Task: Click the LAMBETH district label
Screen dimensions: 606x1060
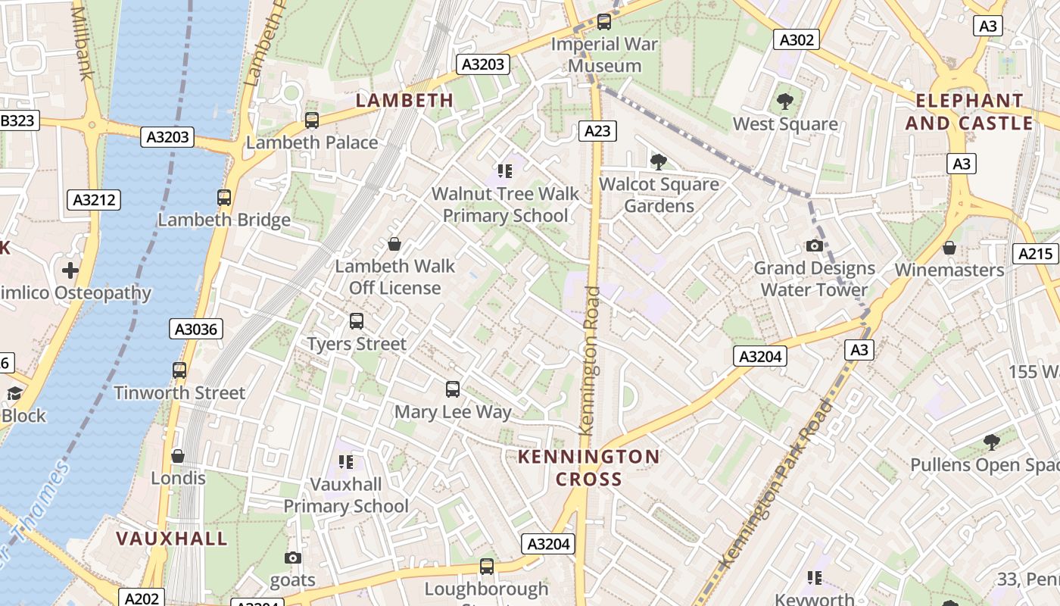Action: pyautogui.click(x=404, y=100)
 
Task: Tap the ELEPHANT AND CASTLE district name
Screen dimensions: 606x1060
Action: pyautogui.click(x=969, y=111)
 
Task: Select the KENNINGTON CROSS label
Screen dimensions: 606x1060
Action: pyautogui.click(x=588, y=467)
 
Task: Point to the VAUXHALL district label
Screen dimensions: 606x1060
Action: pyautogui.click(x=171, y=539)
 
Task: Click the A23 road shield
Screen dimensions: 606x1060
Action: pyautogui.click(x=597, y=131)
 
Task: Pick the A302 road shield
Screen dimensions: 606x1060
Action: pyautogui.click(x=797, y=39)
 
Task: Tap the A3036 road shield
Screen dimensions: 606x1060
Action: pyautogui.click(x=196, y=329)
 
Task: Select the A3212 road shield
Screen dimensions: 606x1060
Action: pyautogui.click(x=95, y=200)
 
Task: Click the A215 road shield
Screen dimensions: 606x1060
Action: pyautogui.click(x=1036, y=254)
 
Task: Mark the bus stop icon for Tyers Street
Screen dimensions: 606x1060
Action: pyautogui.click(x=357, y=321)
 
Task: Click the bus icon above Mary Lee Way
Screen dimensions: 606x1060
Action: pyautogui.click(x=453, y=389)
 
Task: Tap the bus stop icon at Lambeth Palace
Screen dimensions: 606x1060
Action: pyautogui.click(x=311, y=120)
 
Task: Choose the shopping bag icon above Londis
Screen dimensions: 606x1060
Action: pyautogui.click(x=178, y=456)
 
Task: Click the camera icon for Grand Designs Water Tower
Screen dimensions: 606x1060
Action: pyautogui.click(x=815, y=246)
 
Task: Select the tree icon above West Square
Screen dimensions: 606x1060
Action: pyautogui.click(x=785, y=101)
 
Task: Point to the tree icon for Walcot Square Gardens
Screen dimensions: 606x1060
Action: pyautogui.click(x=659, y=161)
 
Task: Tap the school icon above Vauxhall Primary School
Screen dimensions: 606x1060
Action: pyautogui.click(x=346, y=461)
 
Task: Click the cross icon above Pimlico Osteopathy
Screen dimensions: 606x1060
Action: pyautogui.click(x=70, y=270)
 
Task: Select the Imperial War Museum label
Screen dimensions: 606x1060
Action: pyautogui.click(x=604, y=55)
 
